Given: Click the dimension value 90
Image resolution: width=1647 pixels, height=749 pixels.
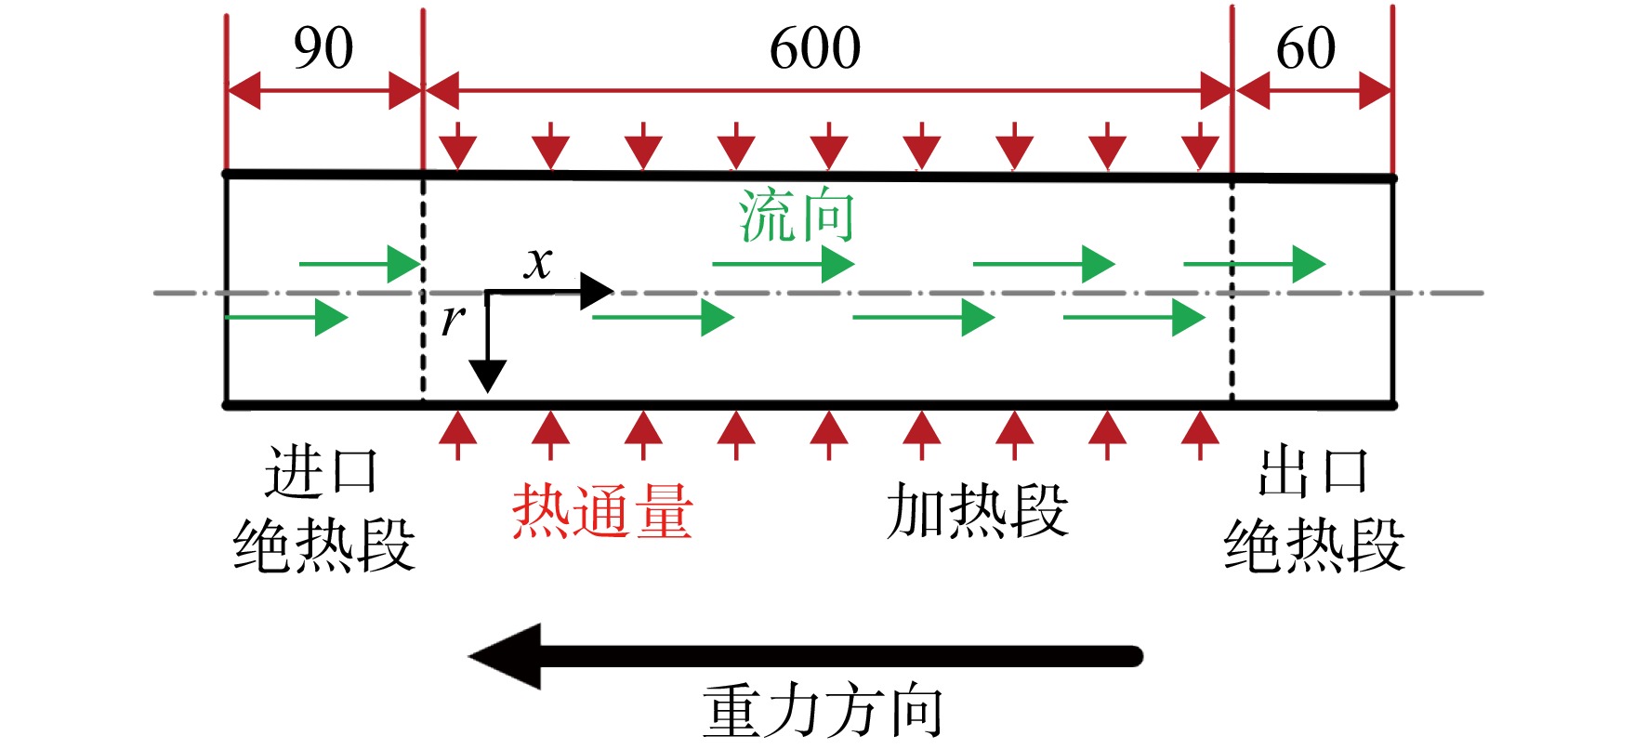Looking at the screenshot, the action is [323, 48].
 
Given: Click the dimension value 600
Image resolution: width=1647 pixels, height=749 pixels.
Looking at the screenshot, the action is [815, 48].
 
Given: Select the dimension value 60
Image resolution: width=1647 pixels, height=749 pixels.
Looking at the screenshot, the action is [1306, 48].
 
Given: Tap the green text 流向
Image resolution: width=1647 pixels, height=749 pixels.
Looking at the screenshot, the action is [797, 216].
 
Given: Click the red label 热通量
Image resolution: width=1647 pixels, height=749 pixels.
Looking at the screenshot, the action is [602, 510].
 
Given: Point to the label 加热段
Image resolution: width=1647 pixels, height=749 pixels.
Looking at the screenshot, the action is [977, 510].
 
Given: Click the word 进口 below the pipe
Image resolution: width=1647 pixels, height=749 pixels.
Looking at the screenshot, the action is [322, 471].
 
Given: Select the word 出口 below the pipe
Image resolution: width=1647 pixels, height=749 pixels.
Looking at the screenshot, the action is [1313, 471].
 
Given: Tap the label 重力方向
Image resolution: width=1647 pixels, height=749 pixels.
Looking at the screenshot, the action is [823, 712].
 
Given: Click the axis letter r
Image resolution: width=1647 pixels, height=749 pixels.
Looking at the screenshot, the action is [453, 319].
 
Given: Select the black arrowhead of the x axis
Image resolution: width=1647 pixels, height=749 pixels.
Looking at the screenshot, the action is [597, 292].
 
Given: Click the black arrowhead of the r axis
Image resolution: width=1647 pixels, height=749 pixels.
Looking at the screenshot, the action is [487, 376].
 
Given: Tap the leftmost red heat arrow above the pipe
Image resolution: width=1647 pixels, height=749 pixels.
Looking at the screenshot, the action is [457, 146].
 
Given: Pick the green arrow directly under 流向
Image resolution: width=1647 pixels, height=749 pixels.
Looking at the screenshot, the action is [784, 265].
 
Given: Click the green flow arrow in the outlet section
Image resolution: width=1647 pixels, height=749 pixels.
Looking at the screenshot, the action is [1255, 265].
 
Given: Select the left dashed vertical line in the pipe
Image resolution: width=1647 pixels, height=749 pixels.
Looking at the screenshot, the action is [424, 290].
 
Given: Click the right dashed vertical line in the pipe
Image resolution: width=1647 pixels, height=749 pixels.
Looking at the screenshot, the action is [1232, 290].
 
